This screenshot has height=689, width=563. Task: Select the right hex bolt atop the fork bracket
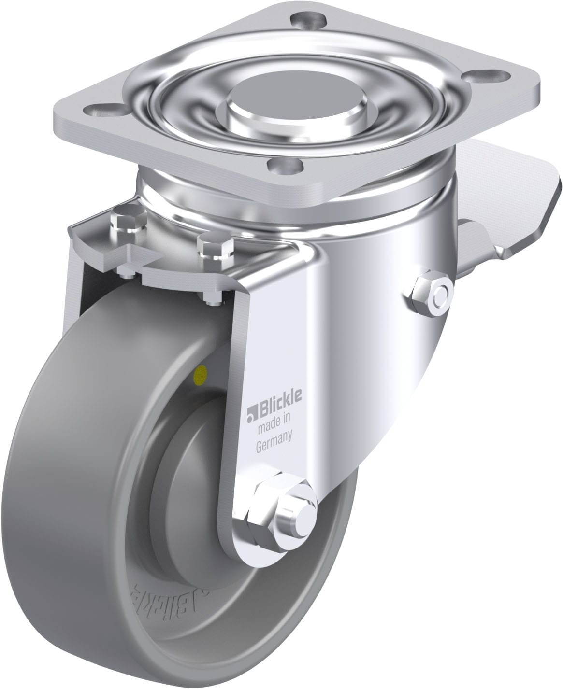click(x=215, y=247)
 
